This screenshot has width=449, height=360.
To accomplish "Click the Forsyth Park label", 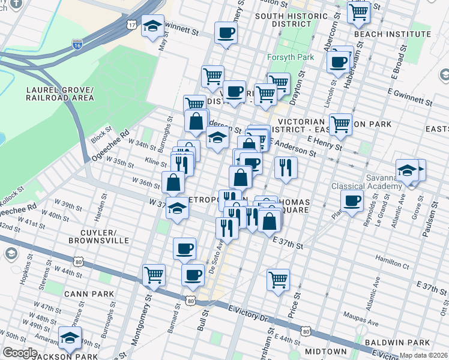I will pos(288,59).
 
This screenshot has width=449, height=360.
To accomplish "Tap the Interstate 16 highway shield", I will pos(77,44).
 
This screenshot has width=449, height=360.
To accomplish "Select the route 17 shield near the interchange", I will pos(131,25).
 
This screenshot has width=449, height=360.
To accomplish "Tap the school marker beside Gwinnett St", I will pos(153,26).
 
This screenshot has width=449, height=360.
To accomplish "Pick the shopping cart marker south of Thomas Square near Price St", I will pos(278,279).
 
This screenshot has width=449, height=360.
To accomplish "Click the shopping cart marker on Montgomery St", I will pos(154,275).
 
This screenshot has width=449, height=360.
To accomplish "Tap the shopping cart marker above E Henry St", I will pos(340,124).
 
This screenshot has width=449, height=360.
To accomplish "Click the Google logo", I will pos(19,353).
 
